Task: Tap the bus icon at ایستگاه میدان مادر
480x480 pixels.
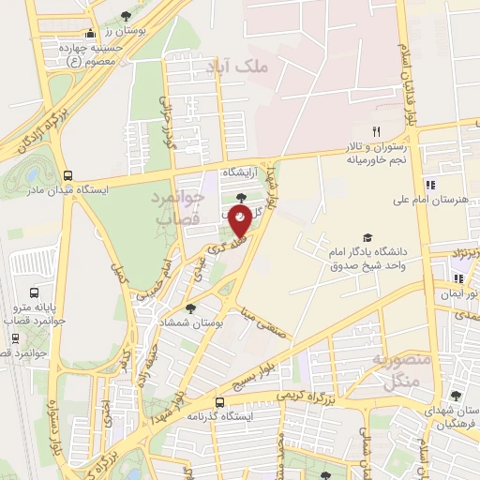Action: point(67,175)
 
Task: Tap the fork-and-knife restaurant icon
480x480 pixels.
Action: point(376,131)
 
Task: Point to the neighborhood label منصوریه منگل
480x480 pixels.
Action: point(406,369)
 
